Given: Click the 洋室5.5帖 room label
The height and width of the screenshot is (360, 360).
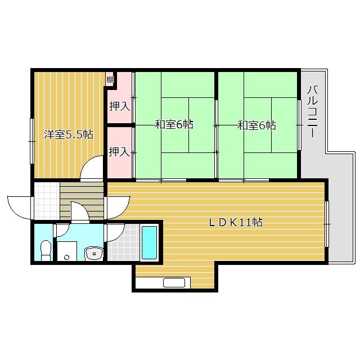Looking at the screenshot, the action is (69, 134).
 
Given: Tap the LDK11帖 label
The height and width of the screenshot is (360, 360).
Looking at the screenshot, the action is (236, 222).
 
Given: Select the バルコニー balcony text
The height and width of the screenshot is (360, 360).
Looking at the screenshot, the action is (313, 111).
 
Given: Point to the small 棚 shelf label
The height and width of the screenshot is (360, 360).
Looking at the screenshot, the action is (110, 80).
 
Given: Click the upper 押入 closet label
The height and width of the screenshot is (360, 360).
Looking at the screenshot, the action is (119, 106).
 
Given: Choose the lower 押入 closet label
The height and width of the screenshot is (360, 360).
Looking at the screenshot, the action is (119, 151).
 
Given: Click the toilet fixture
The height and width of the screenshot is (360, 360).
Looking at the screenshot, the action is (46, 250).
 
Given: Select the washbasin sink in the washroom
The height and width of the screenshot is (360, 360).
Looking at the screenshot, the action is (94, 254).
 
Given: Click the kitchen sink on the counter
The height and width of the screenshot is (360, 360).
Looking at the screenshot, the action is (174, 282).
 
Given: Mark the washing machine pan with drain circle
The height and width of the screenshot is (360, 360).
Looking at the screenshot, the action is (67, 251).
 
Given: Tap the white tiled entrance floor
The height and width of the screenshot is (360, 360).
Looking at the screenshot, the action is (47, 201).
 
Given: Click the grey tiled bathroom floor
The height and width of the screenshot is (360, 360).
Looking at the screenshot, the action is (123, 242).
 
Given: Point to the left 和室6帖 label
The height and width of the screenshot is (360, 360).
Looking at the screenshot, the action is (174, 124).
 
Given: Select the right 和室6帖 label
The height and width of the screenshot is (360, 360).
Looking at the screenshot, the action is (256, 125).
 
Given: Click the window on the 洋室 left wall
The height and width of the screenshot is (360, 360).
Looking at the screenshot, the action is (32, 141).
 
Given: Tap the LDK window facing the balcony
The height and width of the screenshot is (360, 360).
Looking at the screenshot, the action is (327, 224).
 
